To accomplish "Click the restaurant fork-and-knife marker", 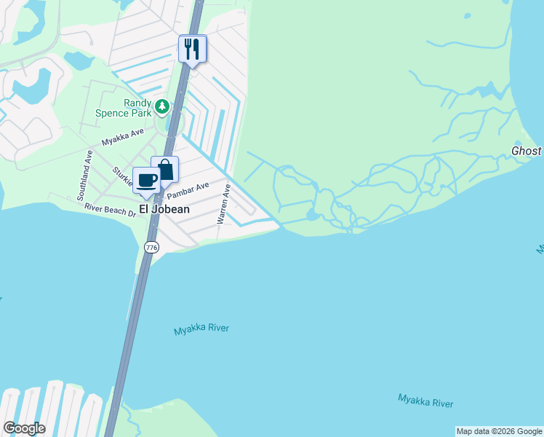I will [x=193, y=49].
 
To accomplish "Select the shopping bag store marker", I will [x=165, y=170].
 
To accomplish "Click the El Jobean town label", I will [x=164, y=209].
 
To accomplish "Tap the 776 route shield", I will [x=151, y=248].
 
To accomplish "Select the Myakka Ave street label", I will [x=123, y=138].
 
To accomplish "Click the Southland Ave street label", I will [x=81, y=176].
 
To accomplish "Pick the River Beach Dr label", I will [x=110, y=209].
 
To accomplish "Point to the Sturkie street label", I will [x=119, y=176].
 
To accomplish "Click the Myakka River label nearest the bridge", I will [x=201, y=329].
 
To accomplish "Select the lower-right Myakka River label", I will [x=425, y=400].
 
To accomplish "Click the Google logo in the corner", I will [x=24, y=428].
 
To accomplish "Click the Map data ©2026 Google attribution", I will [x=499, y=431].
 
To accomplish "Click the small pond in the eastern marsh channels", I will [x=312, y=215].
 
